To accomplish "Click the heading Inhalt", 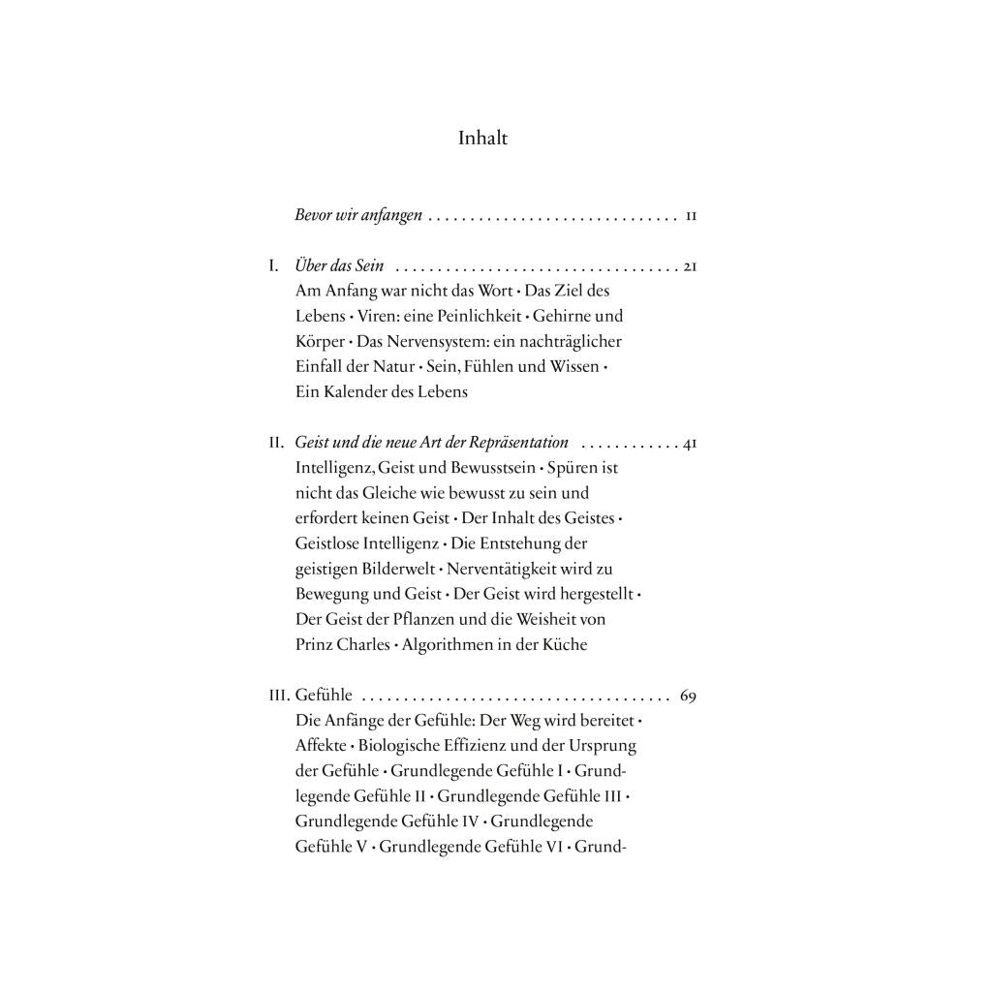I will coord(482,139).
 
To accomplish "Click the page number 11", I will coord(691,216).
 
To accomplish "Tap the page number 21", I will coord(690,265).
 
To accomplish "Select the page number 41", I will coord(690,443).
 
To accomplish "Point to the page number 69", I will coord(689,696).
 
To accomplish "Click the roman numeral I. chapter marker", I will coord(274,265).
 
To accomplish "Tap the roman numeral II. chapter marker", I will coord(276,443).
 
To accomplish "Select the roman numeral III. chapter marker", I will coord(279,696).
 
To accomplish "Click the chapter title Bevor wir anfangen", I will coord(358,216).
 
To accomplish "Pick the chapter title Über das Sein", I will coord(339,265).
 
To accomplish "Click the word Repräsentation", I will coord(518,443).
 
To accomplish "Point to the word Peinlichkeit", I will coord(472,316).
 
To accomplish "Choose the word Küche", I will coord(565,644).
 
